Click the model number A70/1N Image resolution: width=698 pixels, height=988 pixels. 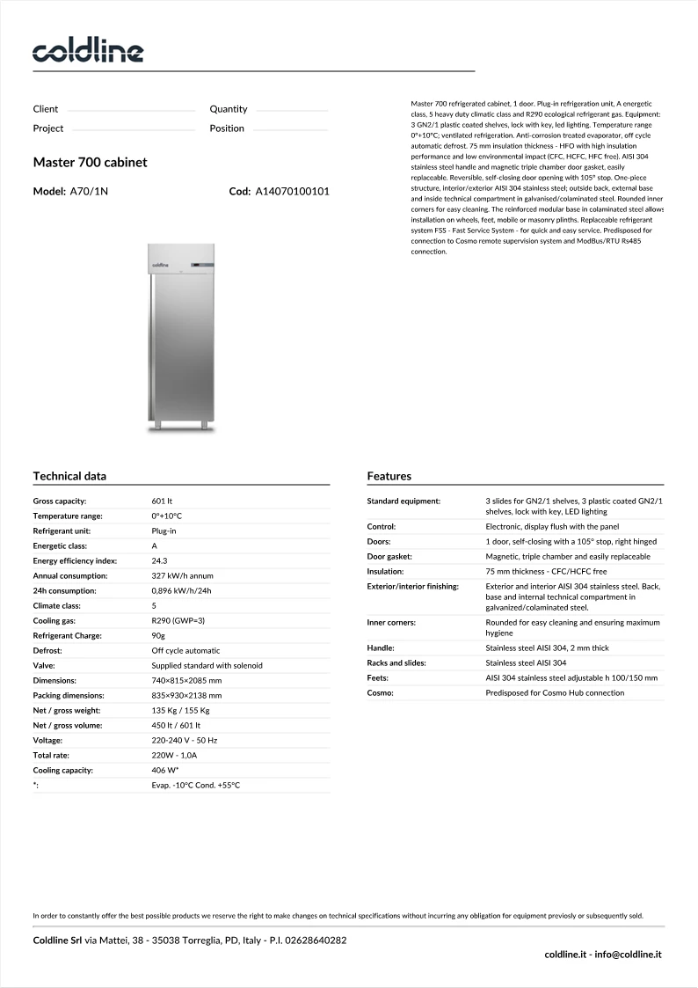tap(89, 191)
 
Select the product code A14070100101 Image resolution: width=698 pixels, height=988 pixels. tap(292, 191)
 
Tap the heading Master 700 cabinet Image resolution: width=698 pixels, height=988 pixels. tap(90, 163)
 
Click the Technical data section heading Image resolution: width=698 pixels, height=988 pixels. tap(69, 476)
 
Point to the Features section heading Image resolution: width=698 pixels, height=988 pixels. tap(389, 476)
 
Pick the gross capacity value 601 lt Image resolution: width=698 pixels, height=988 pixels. tap(162, 501)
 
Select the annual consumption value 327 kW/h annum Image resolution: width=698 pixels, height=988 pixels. tap(182, 575)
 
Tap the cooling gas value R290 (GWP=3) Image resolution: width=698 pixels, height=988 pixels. tap(178, 620)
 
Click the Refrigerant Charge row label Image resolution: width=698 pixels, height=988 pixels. tap(67, 635)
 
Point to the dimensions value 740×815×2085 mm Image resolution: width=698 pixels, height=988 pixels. tap(186, 680)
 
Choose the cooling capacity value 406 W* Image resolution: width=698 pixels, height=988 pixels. tap(165, 770)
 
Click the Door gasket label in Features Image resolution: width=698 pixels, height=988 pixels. tap(389, 556)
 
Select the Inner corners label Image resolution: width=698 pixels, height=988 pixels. tap(391, 622)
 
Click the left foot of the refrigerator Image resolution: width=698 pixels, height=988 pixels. tap(158, 427)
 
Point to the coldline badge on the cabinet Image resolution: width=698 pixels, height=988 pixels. tap(161, 263)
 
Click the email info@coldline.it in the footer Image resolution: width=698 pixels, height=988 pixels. tap(627, 954)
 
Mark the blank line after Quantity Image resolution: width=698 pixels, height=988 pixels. tap(291, 111)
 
